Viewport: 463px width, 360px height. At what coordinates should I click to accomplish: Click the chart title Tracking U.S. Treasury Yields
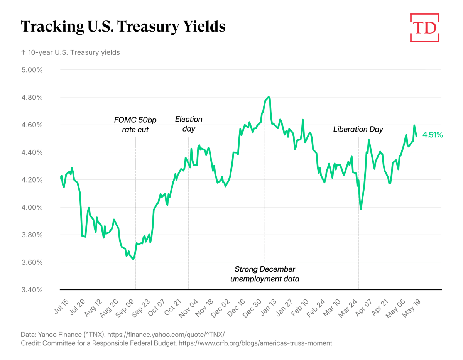123,27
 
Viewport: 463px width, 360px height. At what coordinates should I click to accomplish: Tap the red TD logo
424,27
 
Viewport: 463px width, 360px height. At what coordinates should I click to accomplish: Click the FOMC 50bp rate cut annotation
135,124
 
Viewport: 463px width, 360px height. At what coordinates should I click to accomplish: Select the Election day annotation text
189,124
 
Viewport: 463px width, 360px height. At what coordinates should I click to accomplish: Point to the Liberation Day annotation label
358,129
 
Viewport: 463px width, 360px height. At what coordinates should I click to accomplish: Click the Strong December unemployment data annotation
265,274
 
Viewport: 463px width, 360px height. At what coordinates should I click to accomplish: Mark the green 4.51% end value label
433,135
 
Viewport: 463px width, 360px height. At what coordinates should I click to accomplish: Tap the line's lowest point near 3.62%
133,259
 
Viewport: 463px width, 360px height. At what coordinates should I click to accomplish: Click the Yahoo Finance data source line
122,334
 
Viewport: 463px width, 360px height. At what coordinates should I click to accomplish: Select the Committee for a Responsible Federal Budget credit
176,343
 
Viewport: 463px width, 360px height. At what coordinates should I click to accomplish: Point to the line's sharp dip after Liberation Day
361,209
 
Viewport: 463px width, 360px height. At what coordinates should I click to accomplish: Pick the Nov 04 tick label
188,308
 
